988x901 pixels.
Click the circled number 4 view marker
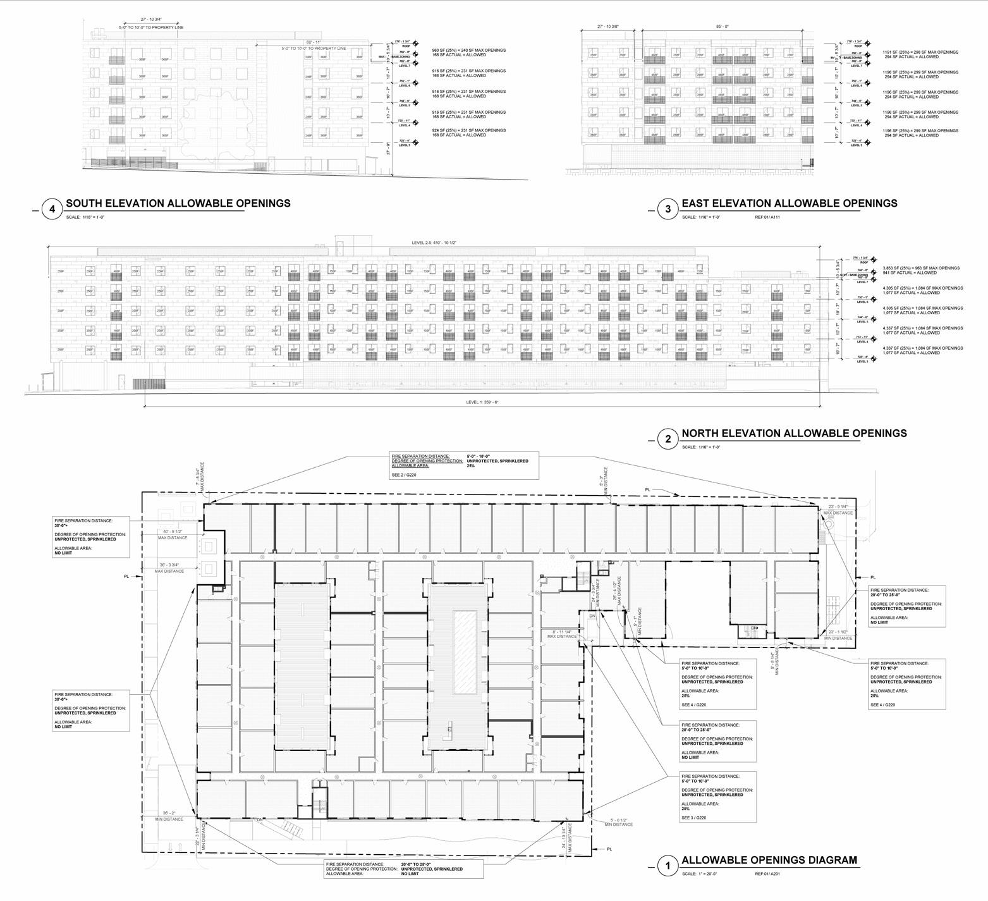pyautogui.click(x=52, y=209)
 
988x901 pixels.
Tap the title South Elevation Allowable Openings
pyautogui.click(x=178, y=204)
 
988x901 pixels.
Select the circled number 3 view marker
pyautogui.click(x=668, y=209)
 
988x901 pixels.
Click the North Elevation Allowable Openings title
pyautogui.click(x=794, y=433)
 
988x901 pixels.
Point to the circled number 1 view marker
pyautogui.click(x=668, y=866)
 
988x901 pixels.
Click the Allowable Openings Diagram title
pyautogui.click(x=769, y=860)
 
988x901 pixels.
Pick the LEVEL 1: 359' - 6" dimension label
pyautogui.click(x=482, y=402)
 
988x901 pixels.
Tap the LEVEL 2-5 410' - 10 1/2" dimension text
pyautogui.click(x=439, y=243)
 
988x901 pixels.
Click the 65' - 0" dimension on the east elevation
pyautogui.click(x=723, y=27)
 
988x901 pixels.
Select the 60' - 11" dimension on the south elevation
pyautogui.click(x=314, y=42)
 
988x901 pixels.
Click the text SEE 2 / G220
pyautogui.click(x=405, y=474)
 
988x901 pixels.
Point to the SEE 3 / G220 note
pyautogui.click(x=693, y=818)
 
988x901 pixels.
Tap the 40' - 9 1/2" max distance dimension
pyautogui.click(x=172, y=531)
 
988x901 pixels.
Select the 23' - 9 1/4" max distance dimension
pyautogui.click(x=839, y=507)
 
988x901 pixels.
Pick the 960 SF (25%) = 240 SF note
pyautogui.click(x=468, y=50)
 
